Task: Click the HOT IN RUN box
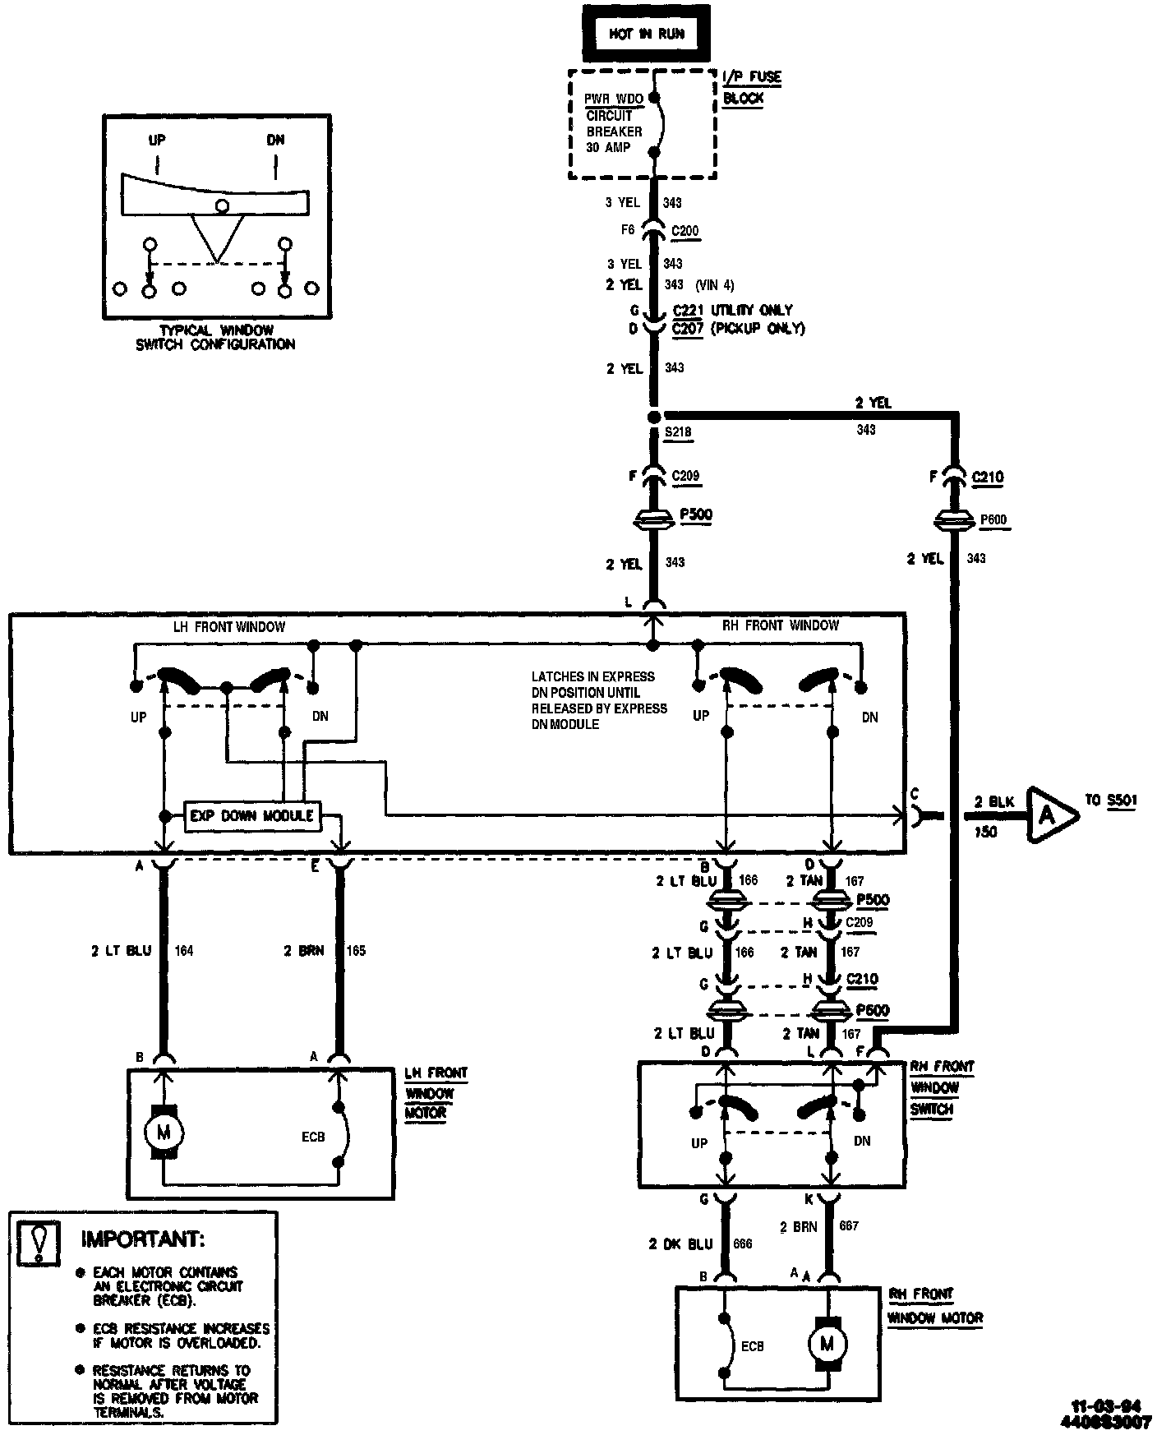coord(646,34)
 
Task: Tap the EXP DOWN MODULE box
coord(251,816)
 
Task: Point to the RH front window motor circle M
coord(827,1344)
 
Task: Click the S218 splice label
coord(678,431)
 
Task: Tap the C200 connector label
coord(685,231)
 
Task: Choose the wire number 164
coord(184,951)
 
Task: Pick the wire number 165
coord(356,951)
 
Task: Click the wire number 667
coord(848,1225)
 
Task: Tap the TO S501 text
coord(1111,800)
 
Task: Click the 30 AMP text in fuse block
coord(608,147)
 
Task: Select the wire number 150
coord(985,832)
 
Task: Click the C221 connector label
coord(685,310)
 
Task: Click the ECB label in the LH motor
coord(313,1137)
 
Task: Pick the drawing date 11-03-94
coord(1105,1405)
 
